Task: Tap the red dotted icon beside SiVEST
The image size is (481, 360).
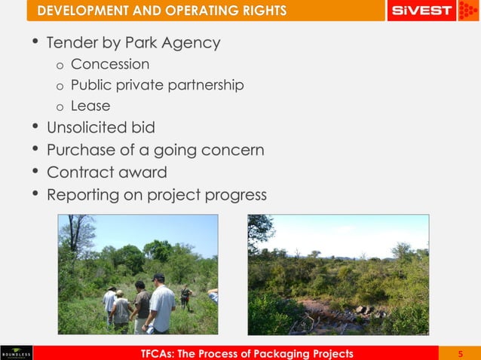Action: [x=468, y=11]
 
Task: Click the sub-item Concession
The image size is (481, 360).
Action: [x=110, y=65]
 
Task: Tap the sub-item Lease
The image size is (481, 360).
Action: [x=90, y=106]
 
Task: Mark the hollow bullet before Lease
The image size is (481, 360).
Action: [x=60, y=107]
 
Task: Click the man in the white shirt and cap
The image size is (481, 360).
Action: [x=161, y=305]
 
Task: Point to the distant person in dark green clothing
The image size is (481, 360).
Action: [x=184, y=296]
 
